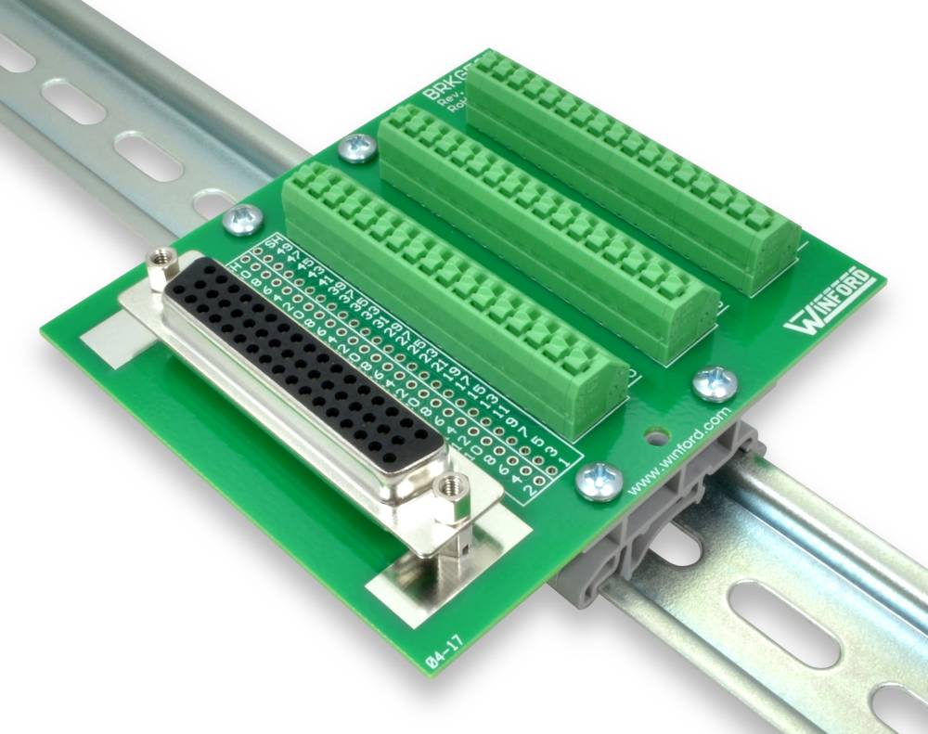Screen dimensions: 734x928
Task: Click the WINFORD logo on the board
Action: tap(830, 303)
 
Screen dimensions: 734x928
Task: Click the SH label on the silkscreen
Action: tap(272, 244)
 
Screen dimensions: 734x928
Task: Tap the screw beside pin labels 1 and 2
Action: tap(598, 481)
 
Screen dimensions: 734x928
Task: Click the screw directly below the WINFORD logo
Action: tap(715, 381)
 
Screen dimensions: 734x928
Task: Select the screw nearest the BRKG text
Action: tap(357, 147)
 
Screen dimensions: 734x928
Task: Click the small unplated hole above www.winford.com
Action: tap(657, 433)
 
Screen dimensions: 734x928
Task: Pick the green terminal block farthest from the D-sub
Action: tap(631, 167)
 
